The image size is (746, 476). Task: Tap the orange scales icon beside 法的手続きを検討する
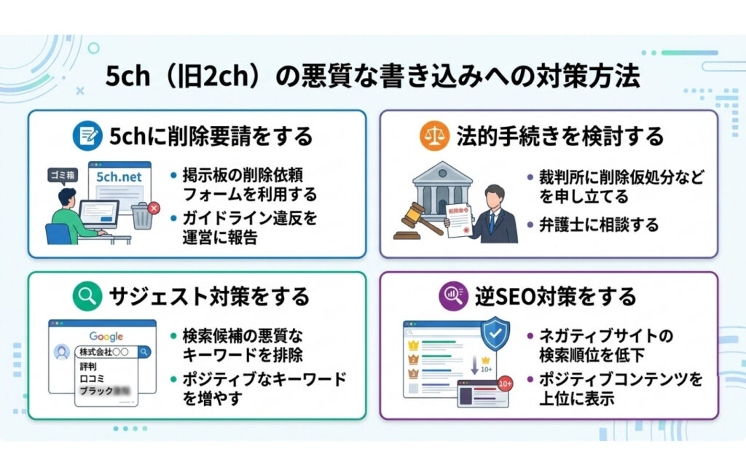pos(435,136)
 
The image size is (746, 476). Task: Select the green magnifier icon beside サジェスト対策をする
pos(87,296)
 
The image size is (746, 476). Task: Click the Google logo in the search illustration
pos(106,336)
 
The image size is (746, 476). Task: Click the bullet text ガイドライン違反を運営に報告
pos(244,227)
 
